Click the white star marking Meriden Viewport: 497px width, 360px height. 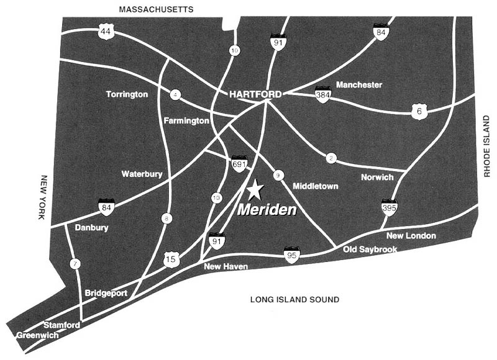(254, 189)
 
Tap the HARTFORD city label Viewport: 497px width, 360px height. (255, 94)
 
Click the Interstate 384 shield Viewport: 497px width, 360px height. (322, 95)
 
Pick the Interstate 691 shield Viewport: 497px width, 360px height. (239, 164)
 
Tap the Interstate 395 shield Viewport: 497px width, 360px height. (390, 207)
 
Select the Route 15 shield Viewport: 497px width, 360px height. (171, 259)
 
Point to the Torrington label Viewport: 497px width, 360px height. (127, 94)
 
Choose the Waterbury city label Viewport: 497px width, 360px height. (142, 174)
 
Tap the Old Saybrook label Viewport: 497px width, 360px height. (370, 250)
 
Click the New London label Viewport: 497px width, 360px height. (411, 236)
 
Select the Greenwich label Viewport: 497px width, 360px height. (37, 335)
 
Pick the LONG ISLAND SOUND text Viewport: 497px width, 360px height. (294, 300)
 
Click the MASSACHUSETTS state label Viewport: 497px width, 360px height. (156, 9)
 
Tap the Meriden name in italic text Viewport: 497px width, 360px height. (267, 210)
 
